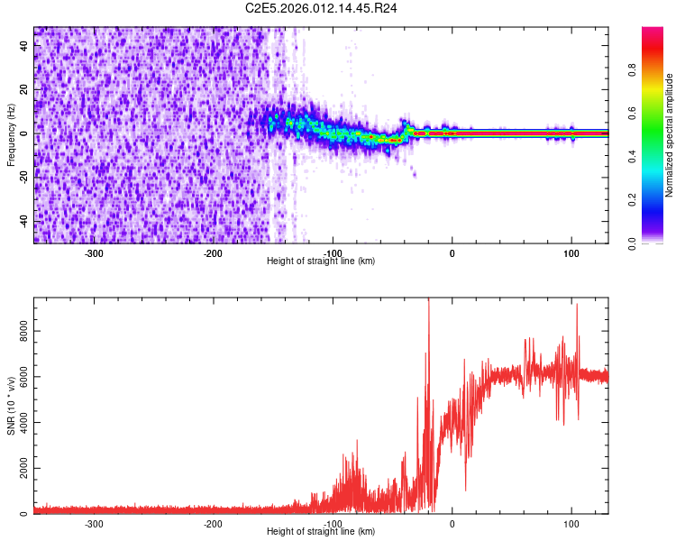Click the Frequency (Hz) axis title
[11, 135]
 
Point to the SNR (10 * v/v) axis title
[11, 406]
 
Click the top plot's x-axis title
[321, 261]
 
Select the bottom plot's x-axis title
[321, 531]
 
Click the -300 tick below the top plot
[95, 253]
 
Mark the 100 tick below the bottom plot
[571, 523]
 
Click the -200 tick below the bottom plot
[214, 523]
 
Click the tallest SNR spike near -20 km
[429, 302]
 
